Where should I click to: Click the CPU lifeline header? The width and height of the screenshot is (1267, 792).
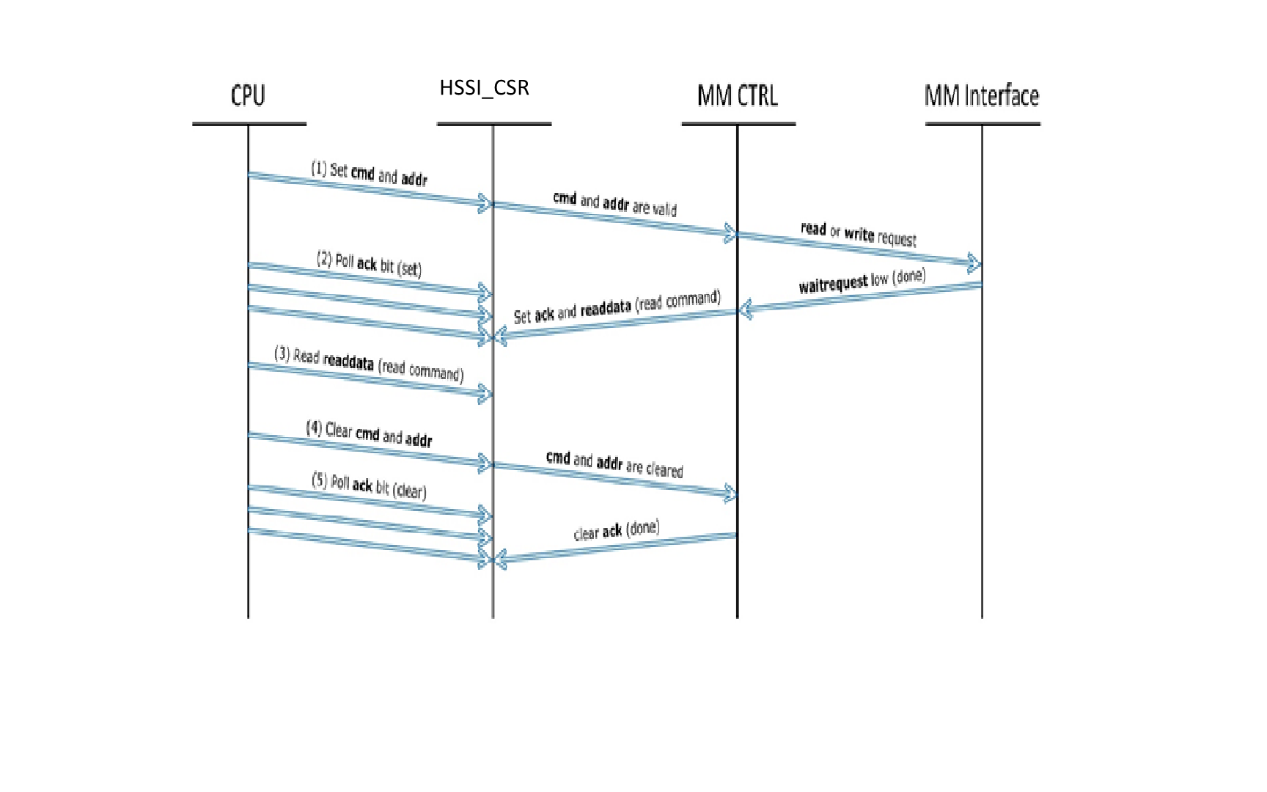click(x=248, y=95)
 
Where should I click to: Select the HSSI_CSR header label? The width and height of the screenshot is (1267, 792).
click(x=484, y=88)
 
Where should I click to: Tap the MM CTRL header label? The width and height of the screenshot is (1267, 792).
click(x=737, y=95)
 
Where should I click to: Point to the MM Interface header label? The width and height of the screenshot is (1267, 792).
click(x=982, y=95)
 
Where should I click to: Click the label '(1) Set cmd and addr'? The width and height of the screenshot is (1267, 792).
click(x=369, y=174)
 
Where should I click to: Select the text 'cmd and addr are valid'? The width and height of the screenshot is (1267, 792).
click(x=614, y=203)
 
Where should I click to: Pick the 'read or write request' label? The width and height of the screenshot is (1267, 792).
click(x=858, y=234)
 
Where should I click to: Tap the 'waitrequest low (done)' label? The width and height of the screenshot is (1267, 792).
click(x=862, y=281)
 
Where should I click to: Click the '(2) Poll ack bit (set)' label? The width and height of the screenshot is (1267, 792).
click(x=369, y=264)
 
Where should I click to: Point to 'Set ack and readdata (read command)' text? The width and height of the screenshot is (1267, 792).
click(x=617, y=307)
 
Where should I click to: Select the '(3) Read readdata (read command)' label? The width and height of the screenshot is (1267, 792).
click(x=369, y=364)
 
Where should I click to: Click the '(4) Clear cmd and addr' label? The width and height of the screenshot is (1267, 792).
click(x=369, y=433)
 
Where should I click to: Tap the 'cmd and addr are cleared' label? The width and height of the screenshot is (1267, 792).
click(x=614, y=464)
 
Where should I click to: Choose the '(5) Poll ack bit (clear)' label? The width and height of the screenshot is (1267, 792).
click(x=369, y=485)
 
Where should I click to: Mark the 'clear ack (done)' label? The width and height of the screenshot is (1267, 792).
click(x=617, y=530)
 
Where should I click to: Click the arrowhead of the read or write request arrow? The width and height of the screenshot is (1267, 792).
click(x=974, y=263)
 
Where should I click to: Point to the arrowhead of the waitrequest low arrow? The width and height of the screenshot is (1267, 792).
click(x=746, y=311)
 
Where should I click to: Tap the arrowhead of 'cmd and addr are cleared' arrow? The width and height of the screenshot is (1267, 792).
click(x=730, y=494)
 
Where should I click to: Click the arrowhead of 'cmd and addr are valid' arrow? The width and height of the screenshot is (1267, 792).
click(x=730, y=234)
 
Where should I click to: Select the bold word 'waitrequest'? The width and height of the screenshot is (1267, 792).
click(x=833, y=284)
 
